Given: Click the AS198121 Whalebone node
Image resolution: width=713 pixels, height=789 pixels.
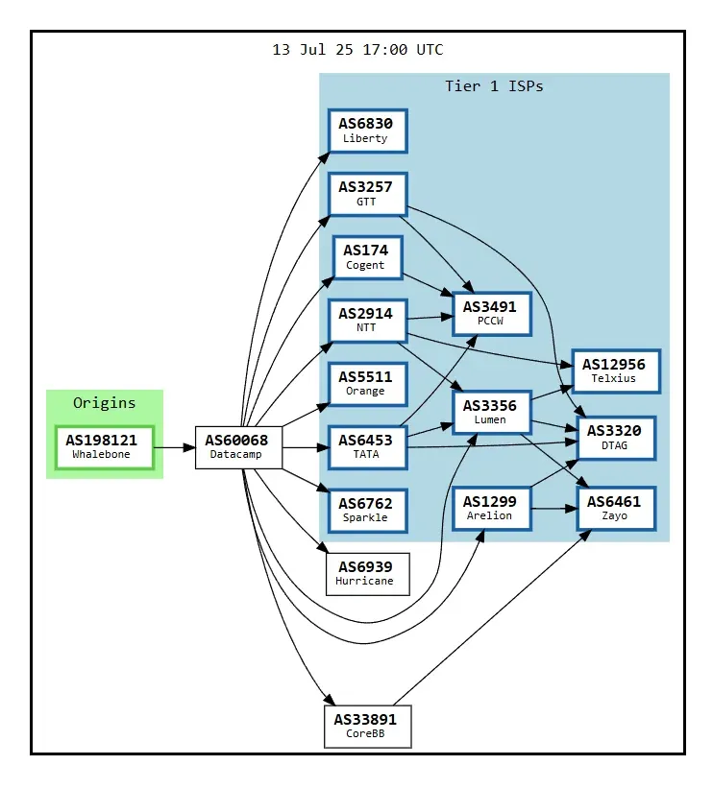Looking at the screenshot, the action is pyautogui.click(x=105, y=447).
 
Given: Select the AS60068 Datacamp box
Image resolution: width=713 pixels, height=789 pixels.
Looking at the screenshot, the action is pyautogui.click(x=238, y=447).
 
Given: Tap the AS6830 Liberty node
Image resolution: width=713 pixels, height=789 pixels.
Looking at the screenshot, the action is pyautogui.click(x=367, y=131).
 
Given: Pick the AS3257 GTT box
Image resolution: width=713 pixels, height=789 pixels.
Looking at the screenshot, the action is pyautogui.click(x=367, y=194).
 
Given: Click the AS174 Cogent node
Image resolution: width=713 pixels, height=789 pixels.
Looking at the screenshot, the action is pyautogui.click(x=368, y=257).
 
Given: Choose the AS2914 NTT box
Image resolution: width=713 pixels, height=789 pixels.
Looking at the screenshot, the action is pyautogui.click(x=367, y=321).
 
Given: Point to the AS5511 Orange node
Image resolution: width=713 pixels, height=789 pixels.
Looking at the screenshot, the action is pyautogui.click(x=367, y=384).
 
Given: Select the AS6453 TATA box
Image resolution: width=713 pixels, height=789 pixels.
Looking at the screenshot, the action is pyautogui.click(x=367, y=447).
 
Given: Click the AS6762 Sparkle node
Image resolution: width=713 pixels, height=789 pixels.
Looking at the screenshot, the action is pyautogui.click(x=367, y=511).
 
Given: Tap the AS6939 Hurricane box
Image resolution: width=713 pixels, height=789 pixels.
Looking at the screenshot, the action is pyautogui.click(x=367, y=574).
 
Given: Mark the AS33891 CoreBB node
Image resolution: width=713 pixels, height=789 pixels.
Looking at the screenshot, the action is pyautogui.click(x=367, y=727).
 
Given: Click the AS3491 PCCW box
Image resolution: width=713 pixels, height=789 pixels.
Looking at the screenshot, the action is pyautogui.click(x=492, y=314).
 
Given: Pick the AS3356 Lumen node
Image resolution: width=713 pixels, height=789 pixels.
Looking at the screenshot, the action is pyautogui.click(x=492, y=412).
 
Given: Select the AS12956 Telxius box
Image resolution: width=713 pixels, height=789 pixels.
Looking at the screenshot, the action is pyautogui.click(x=616, y=371).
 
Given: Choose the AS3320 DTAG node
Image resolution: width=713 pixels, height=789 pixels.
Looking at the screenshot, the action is pyautogui.click(x=616, y=438).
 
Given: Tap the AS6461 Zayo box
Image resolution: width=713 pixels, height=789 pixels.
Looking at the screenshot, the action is pyautogui.click(x=616, y=508).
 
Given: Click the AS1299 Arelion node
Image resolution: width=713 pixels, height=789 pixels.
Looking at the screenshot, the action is pyautogui.click(x=492, y=508).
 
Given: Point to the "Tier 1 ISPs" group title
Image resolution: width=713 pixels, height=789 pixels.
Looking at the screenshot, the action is pyautogui.click(x=494, y=86).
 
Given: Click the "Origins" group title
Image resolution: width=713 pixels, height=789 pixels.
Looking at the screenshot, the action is pyautogui.click(x=105, y=402).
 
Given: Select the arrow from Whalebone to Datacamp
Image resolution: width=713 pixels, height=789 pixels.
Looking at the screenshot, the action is pyautogui.click(x=174, y=447).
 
